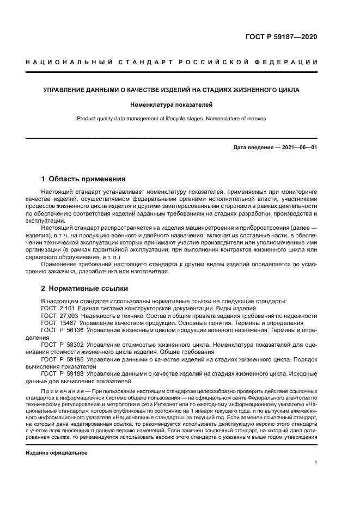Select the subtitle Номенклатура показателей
pos(171,103)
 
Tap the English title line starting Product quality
pos(171,118)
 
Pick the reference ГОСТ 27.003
pos(59,315)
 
